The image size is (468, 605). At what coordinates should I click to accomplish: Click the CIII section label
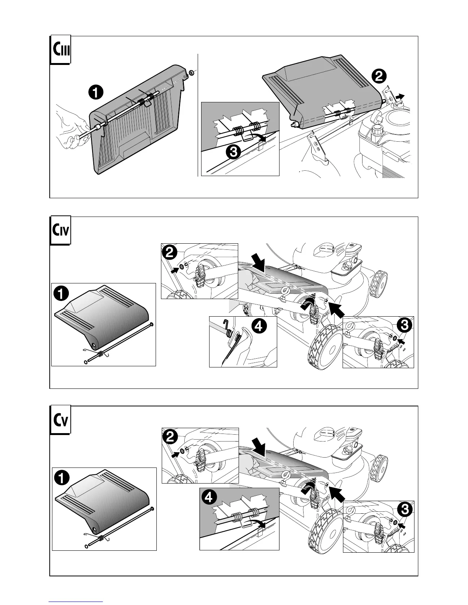[60, 50]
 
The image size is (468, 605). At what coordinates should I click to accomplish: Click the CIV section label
[60, 230]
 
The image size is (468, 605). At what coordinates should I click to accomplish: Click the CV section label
[60, 421]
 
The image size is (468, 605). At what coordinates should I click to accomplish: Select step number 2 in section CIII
[378, 76]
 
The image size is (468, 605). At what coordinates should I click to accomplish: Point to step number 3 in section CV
[404, 510]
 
